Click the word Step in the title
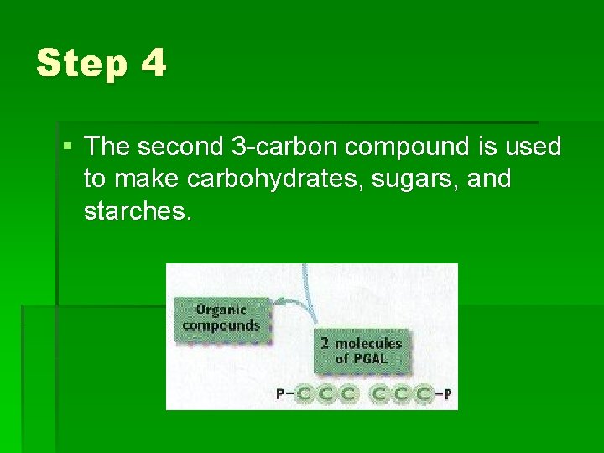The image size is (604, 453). point(81,64)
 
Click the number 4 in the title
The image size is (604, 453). point(154,64)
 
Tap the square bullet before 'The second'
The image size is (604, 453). point(68,147)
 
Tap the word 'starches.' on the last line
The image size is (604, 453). point(138,211)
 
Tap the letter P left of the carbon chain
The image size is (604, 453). point(280,394)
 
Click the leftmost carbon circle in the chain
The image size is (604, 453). point(304,394)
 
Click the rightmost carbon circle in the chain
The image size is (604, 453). point(424,394)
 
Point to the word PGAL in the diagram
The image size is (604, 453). point(376,360)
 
